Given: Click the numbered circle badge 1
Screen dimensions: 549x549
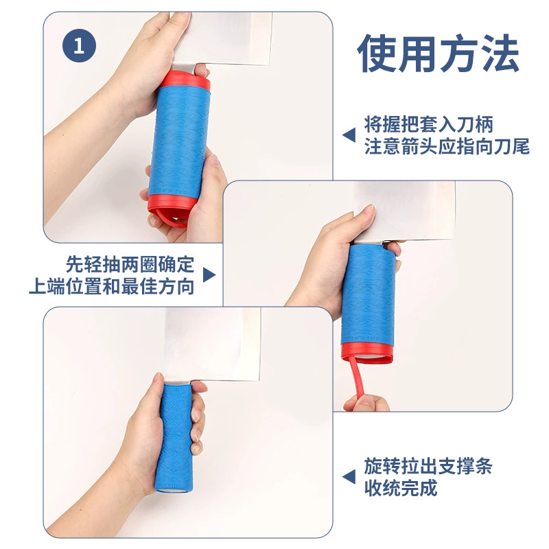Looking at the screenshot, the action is pyautogui.click(x=79, y=45).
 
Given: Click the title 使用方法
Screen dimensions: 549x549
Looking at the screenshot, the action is pyautogui.click(x=438, y=54).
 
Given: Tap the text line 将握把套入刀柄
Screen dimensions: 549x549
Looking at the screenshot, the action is pyautogui.click(x=428, y=124).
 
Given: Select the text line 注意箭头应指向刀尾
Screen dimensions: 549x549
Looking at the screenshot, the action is pyautogui.click(x=447, y=146).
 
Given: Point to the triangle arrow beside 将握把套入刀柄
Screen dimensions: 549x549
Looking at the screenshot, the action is pyautogui.click(x=349, y=135).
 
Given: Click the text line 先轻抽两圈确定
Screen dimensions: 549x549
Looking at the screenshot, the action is pyautogui.click(x=130, y=264).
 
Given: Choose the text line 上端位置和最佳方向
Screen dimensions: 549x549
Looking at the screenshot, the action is pyautogui.click(x=112, y=286).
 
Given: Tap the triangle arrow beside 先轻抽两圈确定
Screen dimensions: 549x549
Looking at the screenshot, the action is pyautogui.click(x=209, y=275).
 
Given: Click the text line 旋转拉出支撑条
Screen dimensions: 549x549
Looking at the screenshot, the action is pyautogui.click(x=428, y=466).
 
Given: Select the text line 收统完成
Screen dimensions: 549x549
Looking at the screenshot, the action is pyautogui.click(x=401, y=488).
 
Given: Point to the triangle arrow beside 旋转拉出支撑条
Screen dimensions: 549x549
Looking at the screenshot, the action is pyautogui.click(x=349, y=477).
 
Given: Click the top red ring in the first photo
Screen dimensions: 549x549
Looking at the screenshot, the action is pyautogui.click(x=185, y=81).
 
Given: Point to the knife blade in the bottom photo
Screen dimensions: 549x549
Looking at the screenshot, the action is pyautogui.click(x=213, y=344).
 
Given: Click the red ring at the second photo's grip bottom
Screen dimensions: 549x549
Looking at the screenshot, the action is pyautogui.click(x=367, y=354).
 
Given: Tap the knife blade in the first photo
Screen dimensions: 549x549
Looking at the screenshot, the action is pyautogui.click(x=221, y=38).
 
